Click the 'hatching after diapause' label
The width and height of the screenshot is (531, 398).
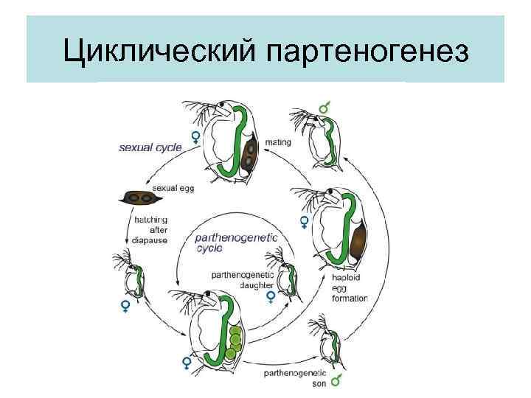coord(151,229)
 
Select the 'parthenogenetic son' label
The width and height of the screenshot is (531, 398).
coord(291,377)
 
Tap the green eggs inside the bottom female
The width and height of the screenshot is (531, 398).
coord(235,341)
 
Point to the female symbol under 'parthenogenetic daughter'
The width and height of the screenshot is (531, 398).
coord(271,297)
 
